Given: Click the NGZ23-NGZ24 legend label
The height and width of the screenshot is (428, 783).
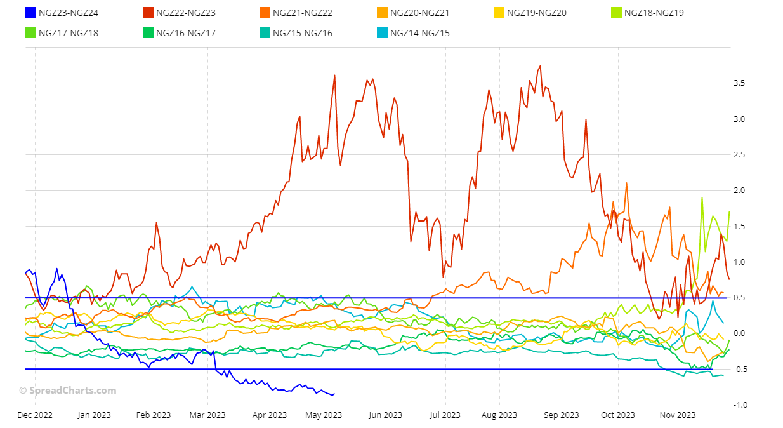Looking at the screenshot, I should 69,13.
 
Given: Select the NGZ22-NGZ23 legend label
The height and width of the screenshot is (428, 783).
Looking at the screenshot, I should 185,13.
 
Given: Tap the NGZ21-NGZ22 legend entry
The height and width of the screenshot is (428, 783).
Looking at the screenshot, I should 302,13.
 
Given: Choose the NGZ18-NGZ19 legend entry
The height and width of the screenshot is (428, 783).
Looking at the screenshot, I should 654,13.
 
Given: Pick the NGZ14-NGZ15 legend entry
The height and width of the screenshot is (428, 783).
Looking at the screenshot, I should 419,33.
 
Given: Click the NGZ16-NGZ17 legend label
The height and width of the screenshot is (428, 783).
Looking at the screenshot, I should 185,33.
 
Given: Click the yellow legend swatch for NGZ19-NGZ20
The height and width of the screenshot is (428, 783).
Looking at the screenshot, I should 499,13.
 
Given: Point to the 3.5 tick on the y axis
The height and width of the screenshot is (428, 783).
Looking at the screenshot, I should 739,83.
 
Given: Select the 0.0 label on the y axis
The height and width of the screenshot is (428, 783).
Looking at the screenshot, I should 739,333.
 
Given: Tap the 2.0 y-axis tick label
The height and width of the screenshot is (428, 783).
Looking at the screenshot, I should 739,191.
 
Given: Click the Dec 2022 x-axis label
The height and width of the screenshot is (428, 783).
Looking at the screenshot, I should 34,415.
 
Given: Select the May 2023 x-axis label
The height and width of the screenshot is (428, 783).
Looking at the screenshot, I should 324,415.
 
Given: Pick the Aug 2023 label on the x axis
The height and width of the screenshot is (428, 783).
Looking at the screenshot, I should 499,415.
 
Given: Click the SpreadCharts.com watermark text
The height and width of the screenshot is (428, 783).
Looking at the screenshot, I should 67,391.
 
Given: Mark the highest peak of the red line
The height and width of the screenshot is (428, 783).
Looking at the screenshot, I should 539,66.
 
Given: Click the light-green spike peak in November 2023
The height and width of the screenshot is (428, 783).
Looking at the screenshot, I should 702,197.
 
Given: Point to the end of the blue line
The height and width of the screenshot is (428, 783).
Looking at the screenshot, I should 334,394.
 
